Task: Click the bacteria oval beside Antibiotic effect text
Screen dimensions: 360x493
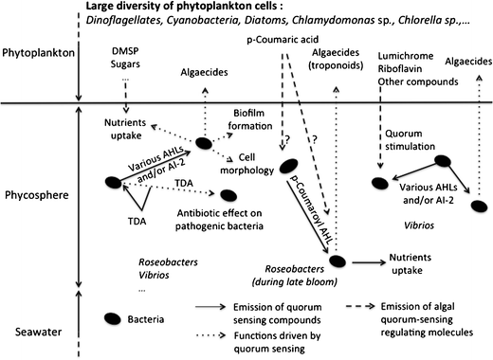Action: point(228,196)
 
